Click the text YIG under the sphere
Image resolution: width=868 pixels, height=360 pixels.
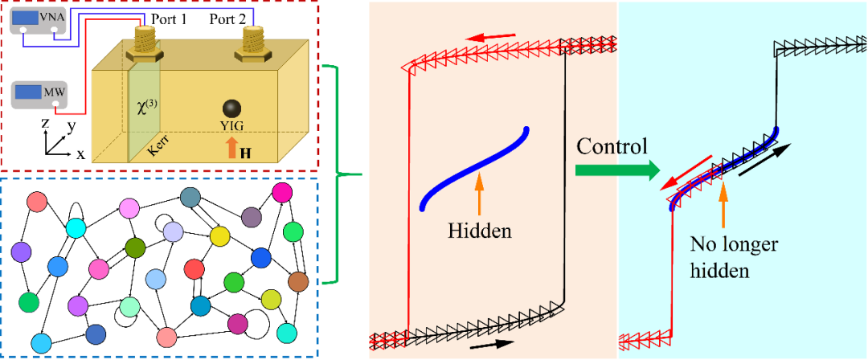coord(231,127)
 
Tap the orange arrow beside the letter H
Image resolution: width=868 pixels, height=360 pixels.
coord(231,147)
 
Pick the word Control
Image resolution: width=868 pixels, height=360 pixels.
coord(611,147)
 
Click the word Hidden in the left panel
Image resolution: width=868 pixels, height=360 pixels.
coord(479,231)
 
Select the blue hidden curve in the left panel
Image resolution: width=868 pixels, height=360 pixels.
coord(474,169)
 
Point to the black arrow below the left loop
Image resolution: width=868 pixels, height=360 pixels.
coord(492,345)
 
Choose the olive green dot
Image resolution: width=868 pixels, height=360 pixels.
coord(135,247)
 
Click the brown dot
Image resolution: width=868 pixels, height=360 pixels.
coord(298,281)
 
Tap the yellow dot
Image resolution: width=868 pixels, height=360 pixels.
coord(219,235)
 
